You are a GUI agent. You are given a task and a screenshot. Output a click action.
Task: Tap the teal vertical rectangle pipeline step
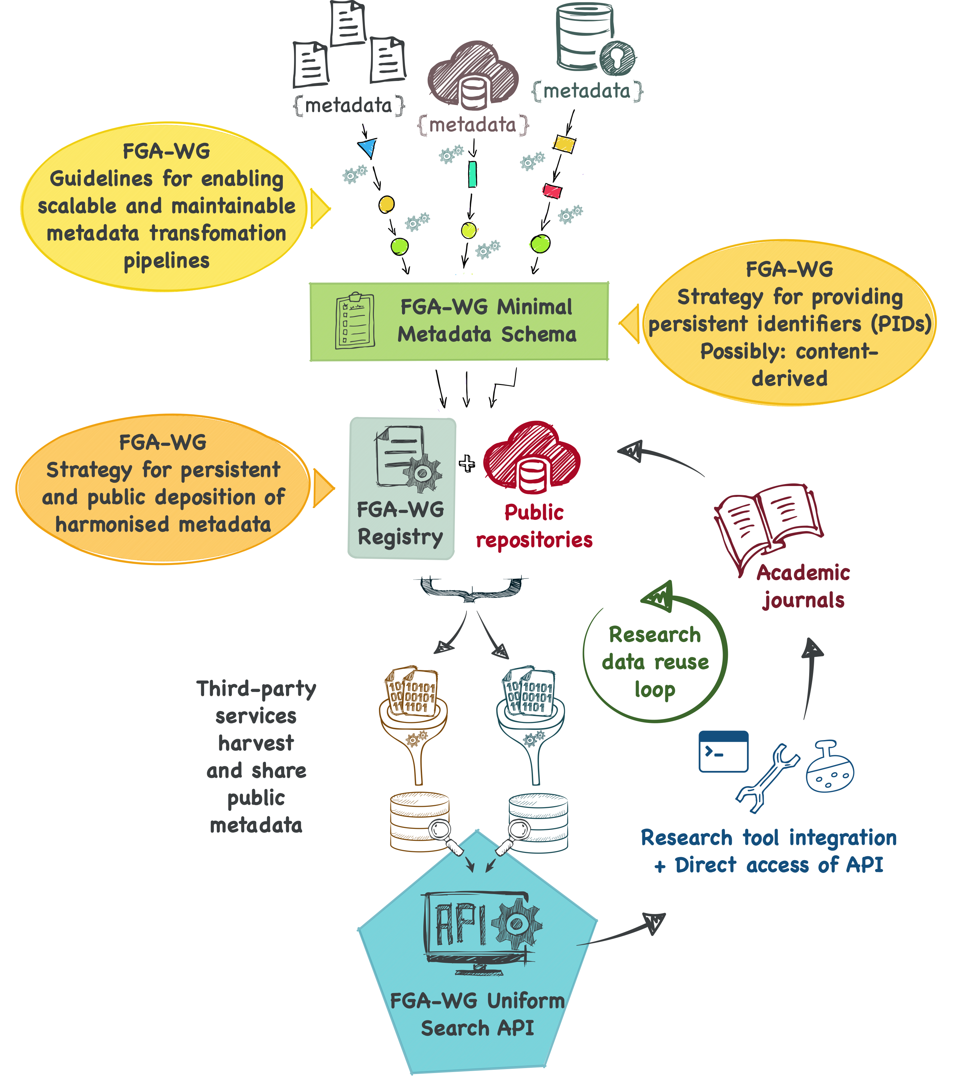[x=472, y=174]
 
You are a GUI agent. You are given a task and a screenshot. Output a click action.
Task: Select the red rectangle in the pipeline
[x=552, y=191]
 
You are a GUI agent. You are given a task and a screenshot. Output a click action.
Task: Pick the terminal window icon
[x=723, y=751]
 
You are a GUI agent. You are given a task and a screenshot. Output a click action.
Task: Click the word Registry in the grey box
[x=400, y=537]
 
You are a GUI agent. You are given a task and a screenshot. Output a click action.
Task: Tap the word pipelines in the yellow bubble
[x=167, y=261]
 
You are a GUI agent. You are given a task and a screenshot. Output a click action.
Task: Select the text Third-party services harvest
[x=256, y=716]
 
